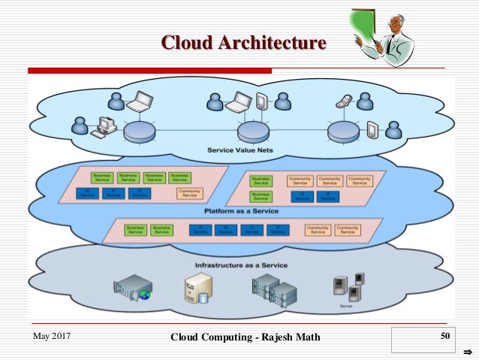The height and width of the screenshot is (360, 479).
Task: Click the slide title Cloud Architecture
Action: pos(245,43)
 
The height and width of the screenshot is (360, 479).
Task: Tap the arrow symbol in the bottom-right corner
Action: pos(466,351)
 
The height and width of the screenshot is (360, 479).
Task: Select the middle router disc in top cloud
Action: pos(252,133)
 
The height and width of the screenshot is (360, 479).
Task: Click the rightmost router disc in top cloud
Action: pos(343,133)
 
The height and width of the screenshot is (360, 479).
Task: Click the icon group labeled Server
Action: pos(347,289)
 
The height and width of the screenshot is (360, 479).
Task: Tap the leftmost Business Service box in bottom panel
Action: pos(135,229)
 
